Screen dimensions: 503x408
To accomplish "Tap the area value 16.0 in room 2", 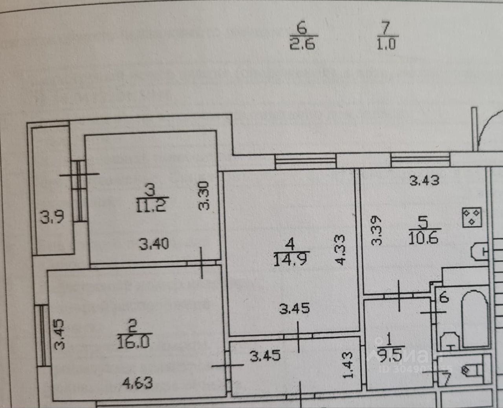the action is pos(133,342).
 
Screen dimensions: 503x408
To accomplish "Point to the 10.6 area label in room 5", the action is pos(423,238).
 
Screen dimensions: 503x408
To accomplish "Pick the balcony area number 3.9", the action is pos(52,216).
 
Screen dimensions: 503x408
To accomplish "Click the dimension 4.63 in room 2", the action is pos(137,382).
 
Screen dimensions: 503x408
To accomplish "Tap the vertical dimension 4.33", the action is pos(341,249).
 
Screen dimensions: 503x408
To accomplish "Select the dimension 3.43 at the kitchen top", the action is pos(424,181).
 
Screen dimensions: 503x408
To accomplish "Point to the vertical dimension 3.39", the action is pos(377,230).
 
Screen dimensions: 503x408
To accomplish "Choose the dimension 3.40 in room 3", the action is pos(154,244).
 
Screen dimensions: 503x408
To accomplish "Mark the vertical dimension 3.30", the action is pos(204,196).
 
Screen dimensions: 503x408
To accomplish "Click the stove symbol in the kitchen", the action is pos(472,217).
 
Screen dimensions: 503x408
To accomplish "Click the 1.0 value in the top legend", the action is pos(386,43).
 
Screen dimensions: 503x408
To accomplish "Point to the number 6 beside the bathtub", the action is pos(444,297).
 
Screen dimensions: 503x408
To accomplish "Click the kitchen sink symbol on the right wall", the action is pos(479,251).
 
